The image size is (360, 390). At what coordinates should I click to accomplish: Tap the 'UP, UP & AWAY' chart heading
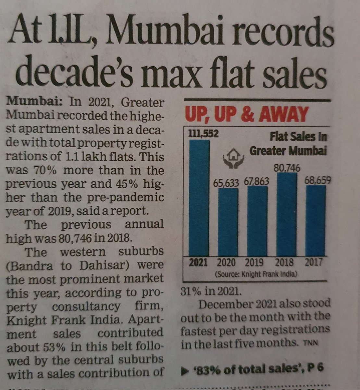tap(246, 114)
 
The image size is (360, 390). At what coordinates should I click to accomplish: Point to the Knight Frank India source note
tap(256, 274)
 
